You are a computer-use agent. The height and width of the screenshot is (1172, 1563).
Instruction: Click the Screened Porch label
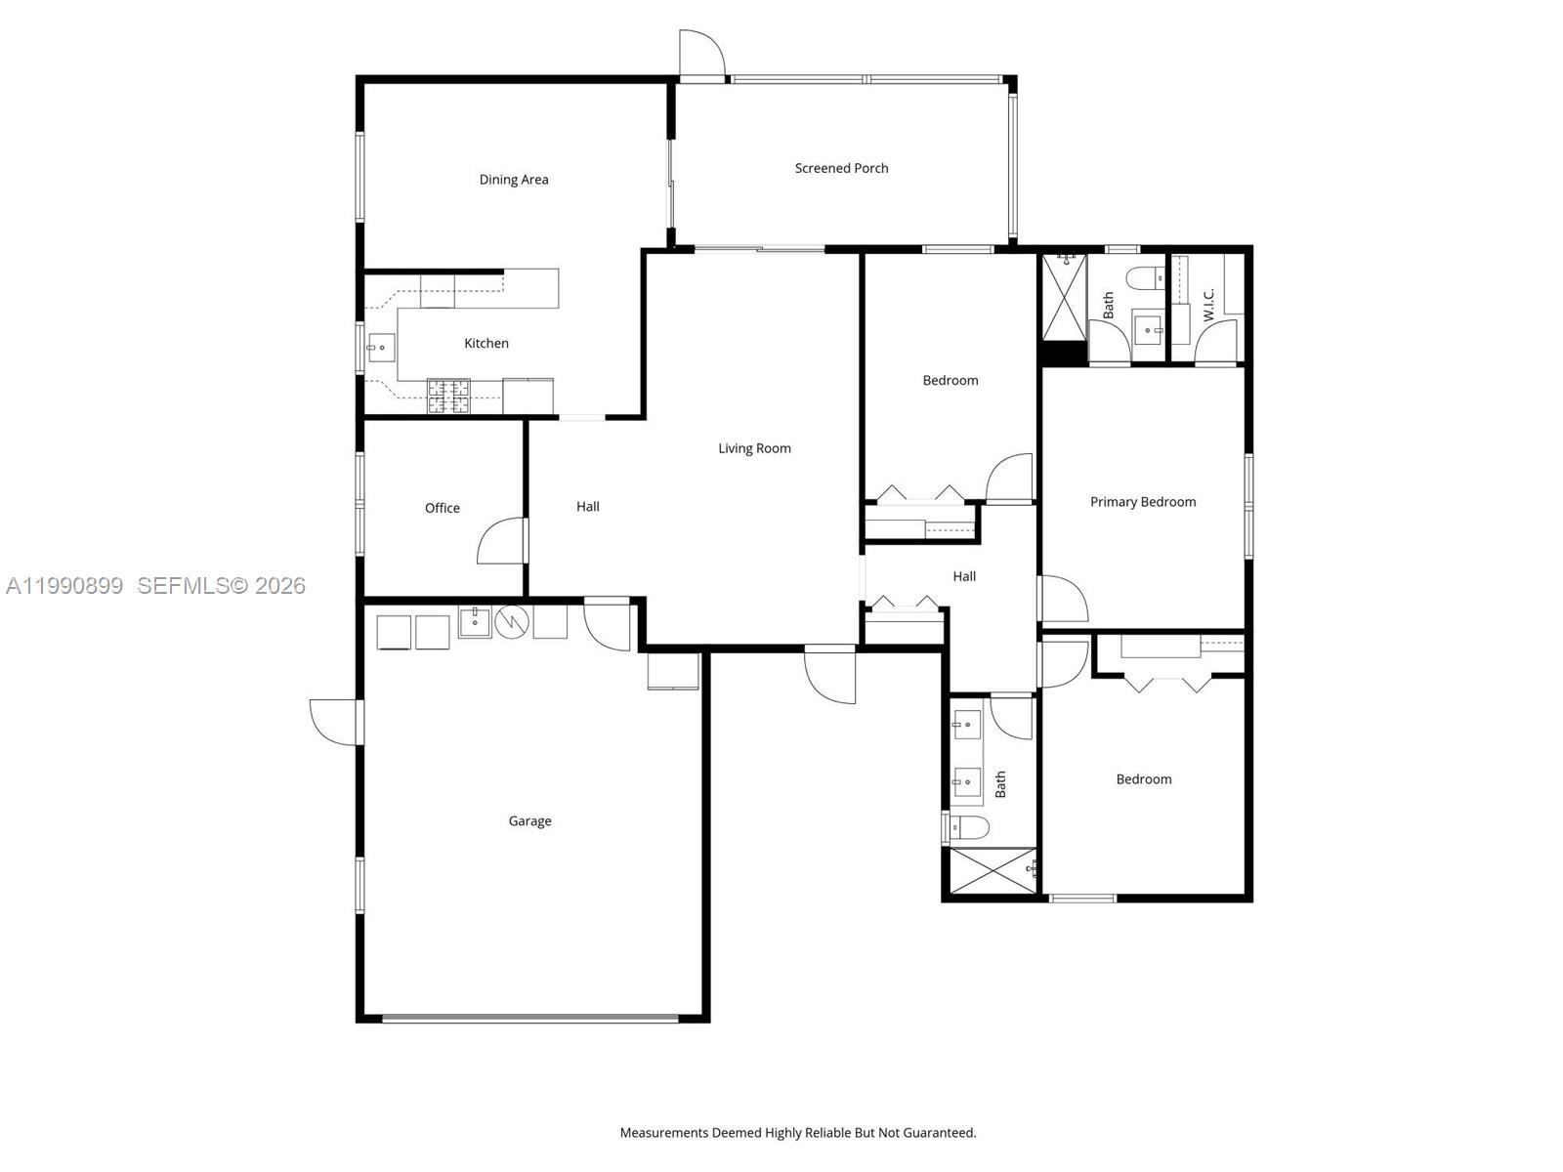click(x=841, y=168)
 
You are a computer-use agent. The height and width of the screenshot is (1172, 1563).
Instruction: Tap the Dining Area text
click(x=513, y=180)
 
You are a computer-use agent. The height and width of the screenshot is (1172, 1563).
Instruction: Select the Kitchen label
click(x=486, y=343)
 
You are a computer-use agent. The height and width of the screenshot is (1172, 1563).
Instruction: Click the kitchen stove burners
click(x=448, y=396)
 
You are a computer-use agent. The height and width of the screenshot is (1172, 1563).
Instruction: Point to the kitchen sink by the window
click(x=381, y=347)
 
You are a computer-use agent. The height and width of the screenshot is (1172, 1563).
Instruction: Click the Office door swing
click(x=501, y=542)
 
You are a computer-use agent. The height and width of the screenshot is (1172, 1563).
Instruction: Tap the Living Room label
click(x=754, y=448)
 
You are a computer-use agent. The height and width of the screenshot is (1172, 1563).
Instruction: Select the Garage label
click(x=529, y=821)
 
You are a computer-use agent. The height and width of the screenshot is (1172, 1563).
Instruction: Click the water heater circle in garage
click(x=512, y=622)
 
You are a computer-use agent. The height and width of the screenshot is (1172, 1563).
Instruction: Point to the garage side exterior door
click(x=335, y=722)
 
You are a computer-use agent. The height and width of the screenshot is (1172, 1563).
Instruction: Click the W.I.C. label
click(x=1208, y=305)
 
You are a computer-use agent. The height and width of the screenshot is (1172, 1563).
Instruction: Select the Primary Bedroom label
click(x=1143, y=502)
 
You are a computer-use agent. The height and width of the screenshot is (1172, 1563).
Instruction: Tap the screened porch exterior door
click(x=702, y=54)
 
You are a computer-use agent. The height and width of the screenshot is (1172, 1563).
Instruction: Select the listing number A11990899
click(x=64, y=585)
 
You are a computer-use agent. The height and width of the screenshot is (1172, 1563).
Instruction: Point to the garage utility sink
click(x=475, y=622)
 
